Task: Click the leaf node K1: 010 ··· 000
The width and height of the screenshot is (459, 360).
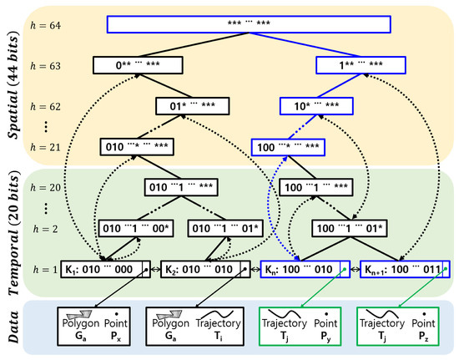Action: coord(106,270)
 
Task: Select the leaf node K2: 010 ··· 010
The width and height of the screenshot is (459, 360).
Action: coord(203,270)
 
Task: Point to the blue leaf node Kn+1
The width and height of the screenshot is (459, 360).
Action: coord(403,270)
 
